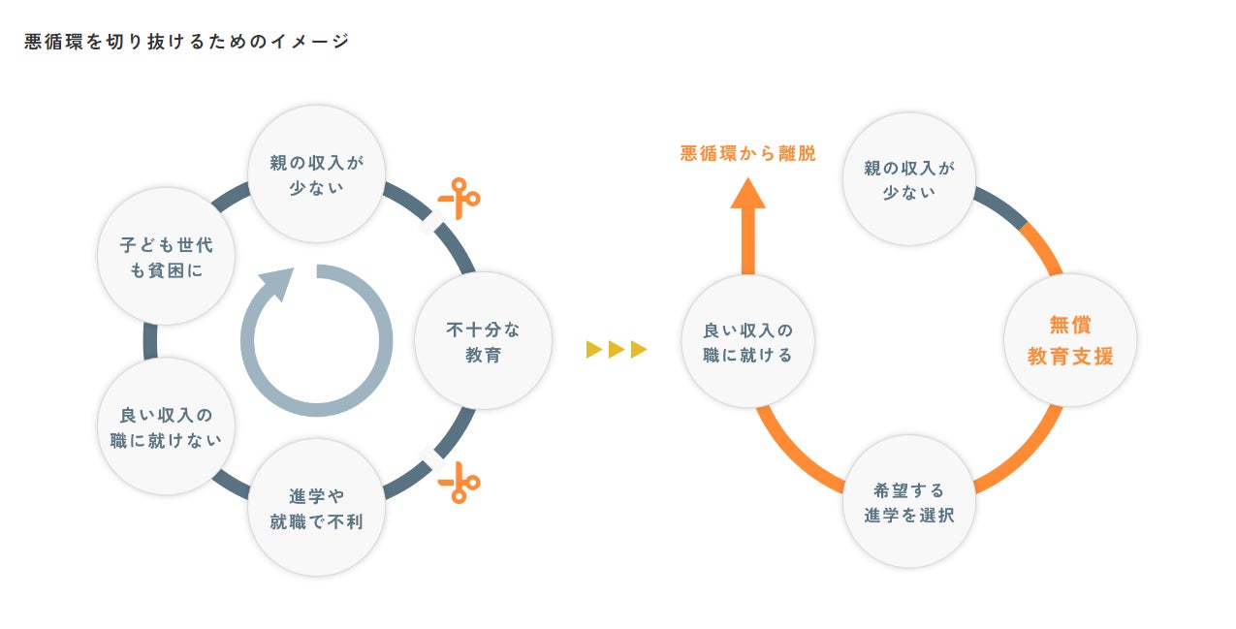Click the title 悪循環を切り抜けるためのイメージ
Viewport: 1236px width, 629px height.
pyautogui.click(x=186, y=42)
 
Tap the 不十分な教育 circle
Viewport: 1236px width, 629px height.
pyautogui.click(x=483, y=341)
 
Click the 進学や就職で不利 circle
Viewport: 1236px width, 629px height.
pyautogui.click(x=317, y=509)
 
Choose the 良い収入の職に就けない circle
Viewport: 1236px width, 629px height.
pyautogui.click(x=166, y=426)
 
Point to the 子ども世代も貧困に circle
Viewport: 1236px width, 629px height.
pyautogui.click(x=166, y=257)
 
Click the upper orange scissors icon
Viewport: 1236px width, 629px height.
pyautogui.click(x=459, y=198)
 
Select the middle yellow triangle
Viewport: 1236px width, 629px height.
pyautogui.click(x=617, y=349)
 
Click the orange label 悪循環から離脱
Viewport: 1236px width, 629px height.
pyautogui.click(x=747, y=153)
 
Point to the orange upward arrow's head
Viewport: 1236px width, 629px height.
pyautogui.click(x=747, y=196)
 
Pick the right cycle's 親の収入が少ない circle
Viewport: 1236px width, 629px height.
pyautogui.click(x=908, y=179)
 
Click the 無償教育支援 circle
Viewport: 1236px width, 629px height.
pyautogui.click(x=1070, y=341)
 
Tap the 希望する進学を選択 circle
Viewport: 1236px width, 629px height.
pyautogui.click(x=908, y=502)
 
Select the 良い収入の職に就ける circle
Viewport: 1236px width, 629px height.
pyautogui.click(x=747, y=341)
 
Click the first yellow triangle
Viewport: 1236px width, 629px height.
pyautogui.click(x=594, y=349)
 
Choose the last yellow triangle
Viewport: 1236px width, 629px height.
pyautogui.click(x=639, y=349)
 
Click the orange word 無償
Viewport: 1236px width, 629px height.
pyautogui.click(x=1070, y=326)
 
